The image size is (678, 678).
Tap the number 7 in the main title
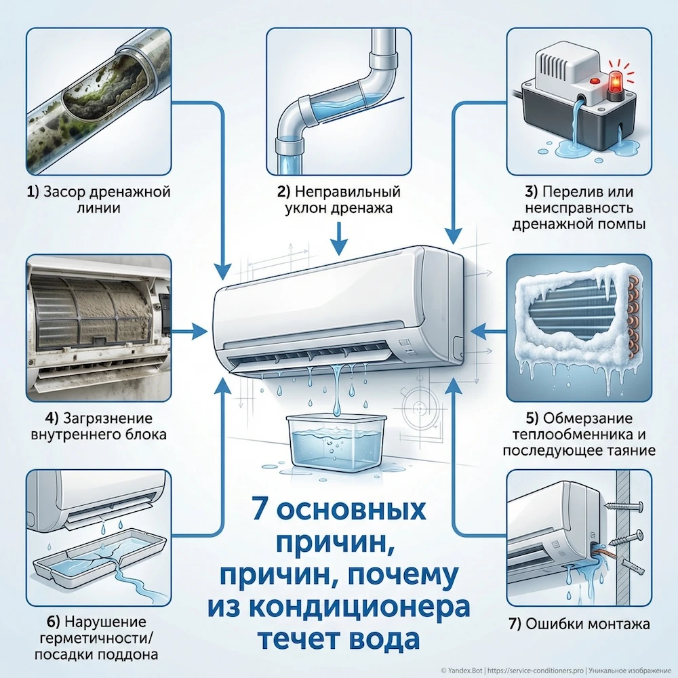260,509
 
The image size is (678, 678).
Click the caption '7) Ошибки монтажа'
578,623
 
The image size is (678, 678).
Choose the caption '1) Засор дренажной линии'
98,200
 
